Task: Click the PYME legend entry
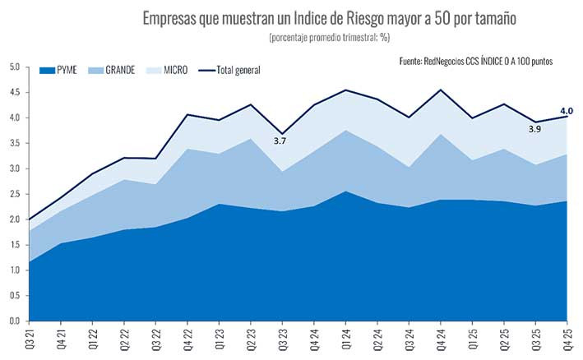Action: tap(73, 70)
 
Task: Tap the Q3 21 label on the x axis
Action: tap(30, 337)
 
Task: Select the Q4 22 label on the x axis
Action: tap(187, 337)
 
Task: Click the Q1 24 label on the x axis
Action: tap(346, 337)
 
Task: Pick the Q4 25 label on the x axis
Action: tap(567, 337)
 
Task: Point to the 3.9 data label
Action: tap(535, 129)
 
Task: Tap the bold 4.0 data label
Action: tap(566, 110)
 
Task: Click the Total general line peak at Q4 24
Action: tap(442, 90)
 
